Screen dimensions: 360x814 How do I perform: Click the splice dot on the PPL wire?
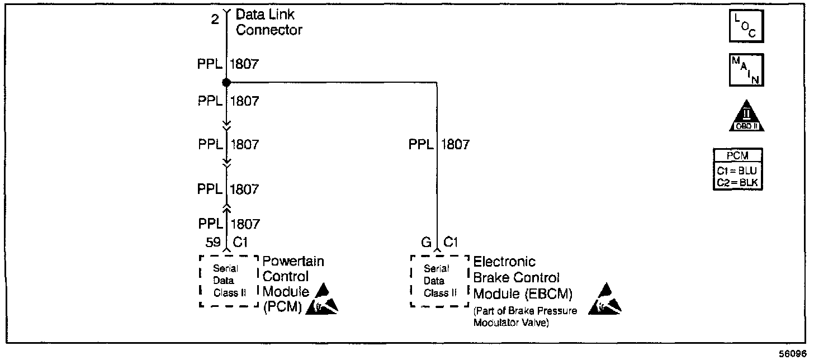[226, 83]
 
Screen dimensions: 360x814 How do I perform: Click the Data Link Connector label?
[269, 23]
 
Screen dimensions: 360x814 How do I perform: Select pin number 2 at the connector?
[215, 21]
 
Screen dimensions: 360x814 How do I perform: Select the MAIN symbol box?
[746, 70]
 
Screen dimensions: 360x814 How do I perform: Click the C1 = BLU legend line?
[738, 172]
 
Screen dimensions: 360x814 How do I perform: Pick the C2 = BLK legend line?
[738, 182]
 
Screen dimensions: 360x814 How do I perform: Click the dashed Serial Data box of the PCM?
[227, 281]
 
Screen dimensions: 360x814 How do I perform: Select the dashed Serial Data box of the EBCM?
[439, 281]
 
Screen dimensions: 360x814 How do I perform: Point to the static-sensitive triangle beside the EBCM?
[605, 300]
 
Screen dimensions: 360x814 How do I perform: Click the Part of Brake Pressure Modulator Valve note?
[524, 317]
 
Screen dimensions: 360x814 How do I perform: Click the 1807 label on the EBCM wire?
[456, 145]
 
